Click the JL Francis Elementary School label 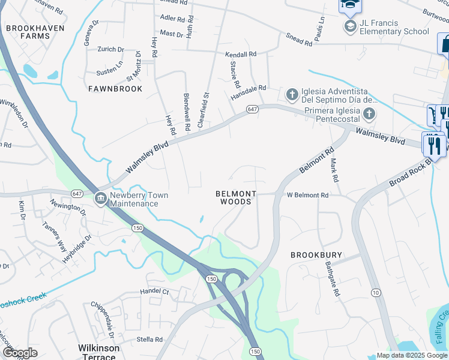pyautogui.click(x=394, y=27)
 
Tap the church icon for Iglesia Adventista pyautogui.click(x=292, y=94)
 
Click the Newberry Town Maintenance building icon pyautogui.click(x=100, y=197)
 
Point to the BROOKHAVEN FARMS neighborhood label pyautogui.click(x=28, y=32)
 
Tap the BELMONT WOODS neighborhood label pyautogui.click(x=237, y=198)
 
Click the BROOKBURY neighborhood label pyautogui.click(x=316, y=255)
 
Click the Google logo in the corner pyautogui.click(x=20, y=353)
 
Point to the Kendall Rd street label pyautogui.click(x=241, y=55)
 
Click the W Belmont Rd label pyautogui.click(x=307, y=196)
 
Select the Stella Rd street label pyautogui.click(x=149, y=340)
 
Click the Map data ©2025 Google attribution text pyautogui.click(x=411, y=355)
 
